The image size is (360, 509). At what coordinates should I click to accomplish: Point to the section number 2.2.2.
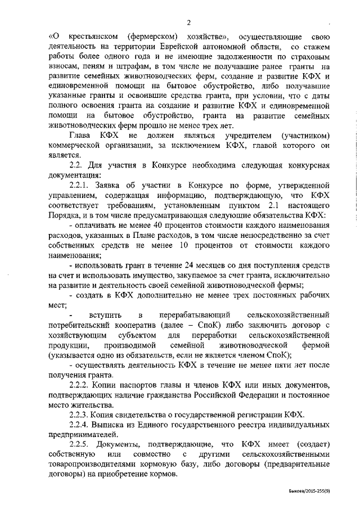coord(80,385)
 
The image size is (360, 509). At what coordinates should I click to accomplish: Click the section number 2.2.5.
coord(80,444)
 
